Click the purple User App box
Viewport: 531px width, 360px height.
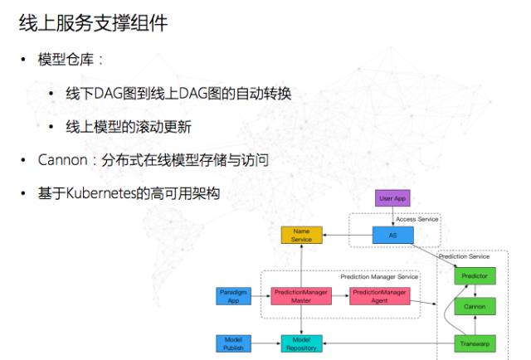pos(392,199)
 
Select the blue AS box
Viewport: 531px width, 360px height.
pos(392,235)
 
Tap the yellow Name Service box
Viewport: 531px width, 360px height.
pos(301,235)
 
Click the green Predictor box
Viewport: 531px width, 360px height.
pos(475,275)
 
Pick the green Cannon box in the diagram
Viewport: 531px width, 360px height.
pos(475,306)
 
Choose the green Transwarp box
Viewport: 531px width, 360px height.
pos(475,343)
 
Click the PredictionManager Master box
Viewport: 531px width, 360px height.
pos(301,296)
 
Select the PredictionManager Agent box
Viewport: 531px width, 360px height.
pos(379,296)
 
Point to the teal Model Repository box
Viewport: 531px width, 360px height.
pos(301,343)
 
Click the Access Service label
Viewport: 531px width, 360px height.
pos(417,219)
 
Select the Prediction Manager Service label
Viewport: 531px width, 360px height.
pos(378,276)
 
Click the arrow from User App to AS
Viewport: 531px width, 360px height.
pos(392,216)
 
